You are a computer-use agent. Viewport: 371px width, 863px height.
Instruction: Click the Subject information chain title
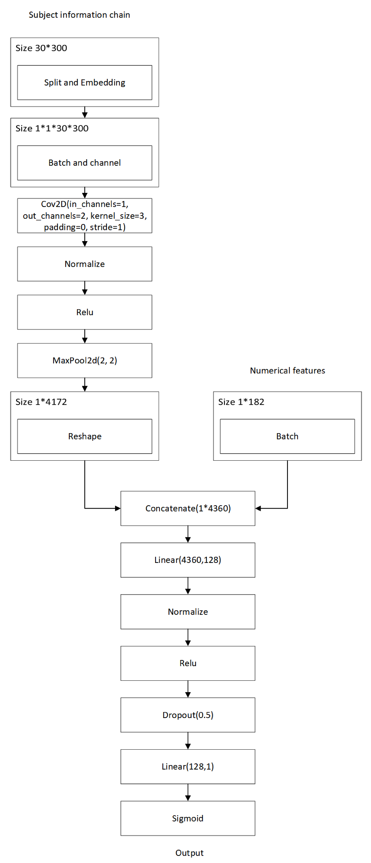point(79,15)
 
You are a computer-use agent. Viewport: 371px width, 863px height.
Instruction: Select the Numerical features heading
point(287,371)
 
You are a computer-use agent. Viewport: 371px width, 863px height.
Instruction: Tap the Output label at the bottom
point(189,853)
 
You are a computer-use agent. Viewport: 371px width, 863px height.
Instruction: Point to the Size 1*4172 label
point(41,402)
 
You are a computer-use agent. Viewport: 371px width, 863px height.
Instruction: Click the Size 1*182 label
point(241,402)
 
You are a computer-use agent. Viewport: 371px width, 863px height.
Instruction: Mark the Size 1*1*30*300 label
point(52,128)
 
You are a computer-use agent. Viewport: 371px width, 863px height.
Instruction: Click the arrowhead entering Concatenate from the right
point(258,508)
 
